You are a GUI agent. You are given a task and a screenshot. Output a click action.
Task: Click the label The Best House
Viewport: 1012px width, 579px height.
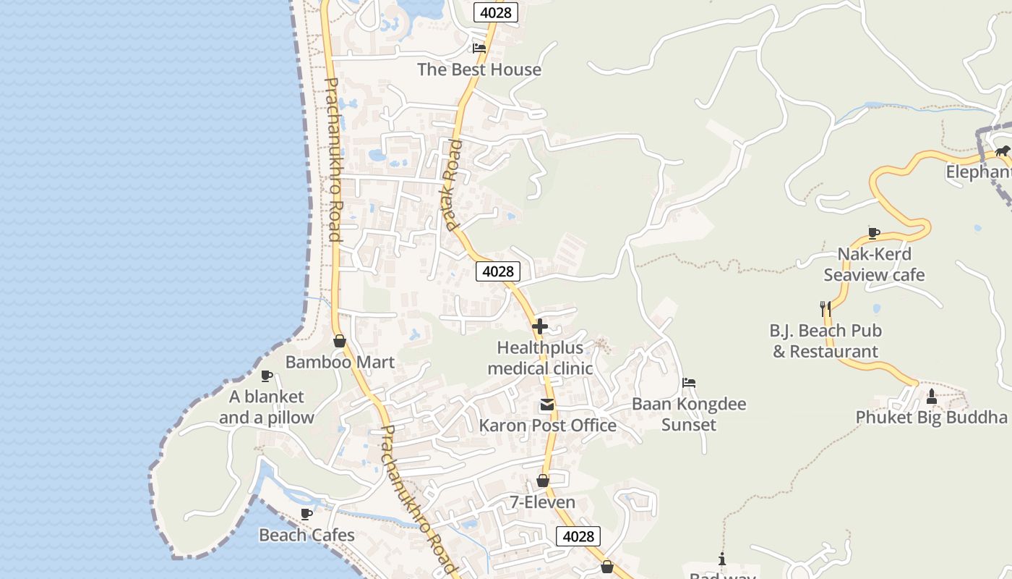(479, 69)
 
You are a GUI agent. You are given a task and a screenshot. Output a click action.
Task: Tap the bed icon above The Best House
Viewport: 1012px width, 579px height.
(479, 48)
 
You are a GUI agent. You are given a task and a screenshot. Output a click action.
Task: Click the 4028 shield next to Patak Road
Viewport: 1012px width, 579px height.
(498, 271)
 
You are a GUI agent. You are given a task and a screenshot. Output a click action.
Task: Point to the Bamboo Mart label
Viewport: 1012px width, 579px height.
(340, 362)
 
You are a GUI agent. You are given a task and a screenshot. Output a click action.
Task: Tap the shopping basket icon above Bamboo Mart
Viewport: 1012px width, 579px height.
(340, 341)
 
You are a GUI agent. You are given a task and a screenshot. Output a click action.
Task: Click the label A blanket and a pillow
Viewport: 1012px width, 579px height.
(267, 407)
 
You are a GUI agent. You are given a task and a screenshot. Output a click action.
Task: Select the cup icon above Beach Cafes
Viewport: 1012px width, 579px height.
(306, 514)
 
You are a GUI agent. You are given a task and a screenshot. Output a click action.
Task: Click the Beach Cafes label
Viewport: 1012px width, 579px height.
(306, 536)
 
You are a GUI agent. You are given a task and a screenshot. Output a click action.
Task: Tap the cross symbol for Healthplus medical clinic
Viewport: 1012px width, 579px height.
(539, 326)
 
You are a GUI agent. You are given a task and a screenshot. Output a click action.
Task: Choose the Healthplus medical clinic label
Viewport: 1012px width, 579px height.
(540, 358)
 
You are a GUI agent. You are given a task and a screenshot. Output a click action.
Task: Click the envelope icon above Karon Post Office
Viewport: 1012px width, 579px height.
(547, 405)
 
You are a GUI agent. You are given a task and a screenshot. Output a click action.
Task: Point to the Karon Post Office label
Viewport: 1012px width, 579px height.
(548, 426)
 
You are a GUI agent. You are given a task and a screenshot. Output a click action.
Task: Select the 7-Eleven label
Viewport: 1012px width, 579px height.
(543, 502)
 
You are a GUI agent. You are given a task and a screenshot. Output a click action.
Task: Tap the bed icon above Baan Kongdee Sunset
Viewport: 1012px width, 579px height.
(689, 383)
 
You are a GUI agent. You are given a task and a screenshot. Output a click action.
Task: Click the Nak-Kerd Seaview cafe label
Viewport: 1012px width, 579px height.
(874, 264)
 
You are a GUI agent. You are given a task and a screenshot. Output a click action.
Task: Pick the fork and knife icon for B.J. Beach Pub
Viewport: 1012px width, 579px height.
(825, 309)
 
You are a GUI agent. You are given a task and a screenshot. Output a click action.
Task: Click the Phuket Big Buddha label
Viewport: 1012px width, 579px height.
(931, 418)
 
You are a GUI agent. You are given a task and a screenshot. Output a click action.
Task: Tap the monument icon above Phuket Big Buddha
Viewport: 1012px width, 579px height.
(931, 397)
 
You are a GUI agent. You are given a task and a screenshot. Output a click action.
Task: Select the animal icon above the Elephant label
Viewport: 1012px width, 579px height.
(1002, 151)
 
